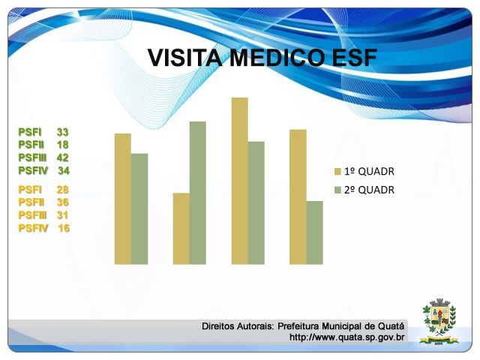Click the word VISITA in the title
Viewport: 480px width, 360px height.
tap(185, 58)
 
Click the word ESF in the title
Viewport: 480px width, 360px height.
tap(354, 58)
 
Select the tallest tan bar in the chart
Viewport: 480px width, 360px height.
tap(240, 181)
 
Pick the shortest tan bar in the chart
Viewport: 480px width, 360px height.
tap(181, 228)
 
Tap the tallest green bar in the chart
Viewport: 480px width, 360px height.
tap(198, 193)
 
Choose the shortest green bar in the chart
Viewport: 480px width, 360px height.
tap(314, 232)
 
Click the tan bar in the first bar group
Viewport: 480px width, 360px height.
tap(123, 199)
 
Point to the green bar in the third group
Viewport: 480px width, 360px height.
tap(256, 202)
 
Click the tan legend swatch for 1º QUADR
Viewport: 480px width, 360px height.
tap(337, 172)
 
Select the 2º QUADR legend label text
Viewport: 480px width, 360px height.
tap(369, 190)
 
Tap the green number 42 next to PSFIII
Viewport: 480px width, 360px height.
tap(62, 157)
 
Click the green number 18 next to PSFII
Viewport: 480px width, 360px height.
tap(62, 145)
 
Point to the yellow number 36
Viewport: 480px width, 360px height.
tap(62, 202)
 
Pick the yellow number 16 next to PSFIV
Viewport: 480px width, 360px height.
tap(64, 228)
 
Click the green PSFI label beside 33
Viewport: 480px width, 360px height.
tap(30, 132)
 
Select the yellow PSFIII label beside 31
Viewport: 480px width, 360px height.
tap(32, 215)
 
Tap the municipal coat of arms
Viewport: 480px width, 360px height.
tap(439, 321)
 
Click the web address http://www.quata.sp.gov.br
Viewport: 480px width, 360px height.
tap(346, 337)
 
